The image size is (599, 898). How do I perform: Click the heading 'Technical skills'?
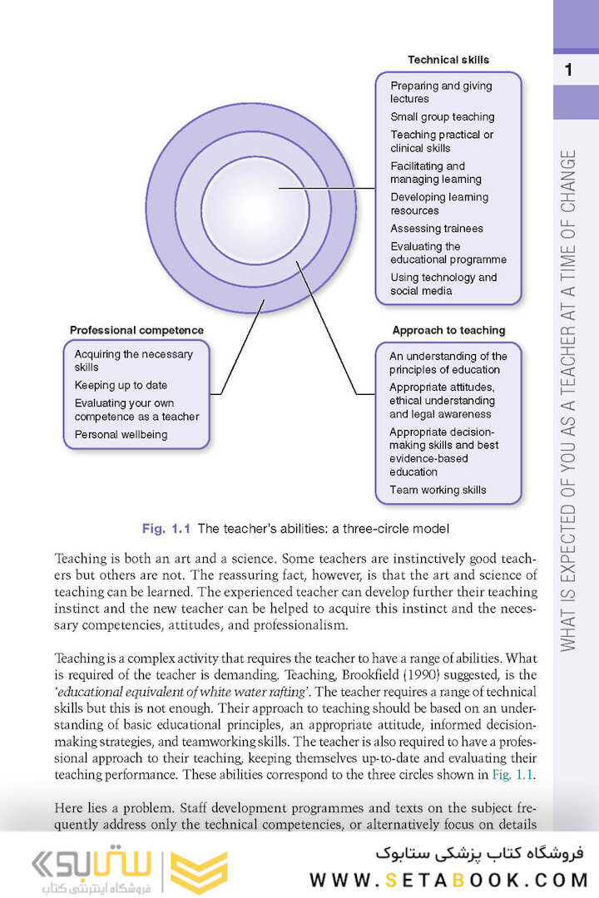tap(448, 60)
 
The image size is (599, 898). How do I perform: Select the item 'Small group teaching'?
tap(442, 117)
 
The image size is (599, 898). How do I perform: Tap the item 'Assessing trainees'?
tap(436, 229)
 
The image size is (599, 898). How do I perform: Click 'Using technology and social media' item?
tap(443, 284)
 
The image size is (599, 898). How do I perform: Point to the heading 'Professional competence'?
tap(136, 330)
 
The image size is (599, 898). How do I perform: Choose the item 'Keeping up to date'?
tap(121, 386)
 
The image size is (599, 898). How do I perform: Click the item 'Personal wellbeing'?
tap(121, 435)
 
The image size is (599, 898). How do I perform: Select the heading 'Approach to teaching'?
tap(448, 330)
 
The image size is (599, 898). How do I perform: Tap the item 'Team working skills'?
tap(438, 491)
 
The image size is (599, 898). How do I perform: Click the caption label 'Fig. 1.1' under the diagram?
tap(166, 528)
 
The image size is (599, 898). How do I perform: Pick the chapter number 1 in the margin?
tap(568, 70)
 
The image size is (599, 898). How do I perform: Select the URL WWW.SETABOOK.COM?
tap(449, 880)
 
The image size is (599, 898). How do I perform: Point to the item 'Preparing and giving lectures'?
tap(441, 92)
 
